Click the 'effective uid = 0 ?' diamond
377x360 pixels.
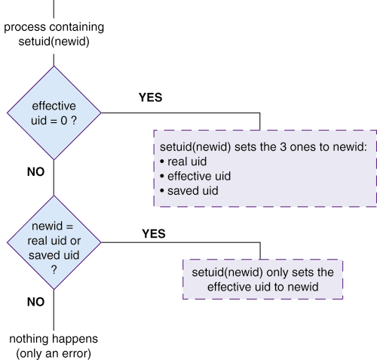click(54, 113)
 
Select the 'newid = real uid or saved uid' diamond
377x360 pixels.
click(54, 242)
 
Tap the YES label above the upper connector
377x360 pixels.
click(150, 97)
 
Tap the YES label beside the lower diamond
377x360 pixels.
click(154, 234)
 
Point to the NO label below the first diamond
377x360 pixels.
click(35, 172)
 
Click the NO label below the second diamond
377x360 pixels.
click(35, 302)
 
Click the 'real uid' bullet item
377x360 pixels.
click(183, 162)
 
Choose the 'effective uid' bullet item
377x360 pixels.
click(195, 176)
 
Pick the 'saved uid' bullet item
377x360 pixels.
click(189, 191)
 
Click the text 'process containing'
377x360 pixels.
click(54, 27)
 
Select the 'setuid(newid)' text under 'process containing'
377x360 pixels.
click(54, 42)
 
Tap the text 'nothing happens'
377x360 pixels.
click(54, 339)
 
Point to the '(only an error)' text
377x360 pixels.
click(54, 353)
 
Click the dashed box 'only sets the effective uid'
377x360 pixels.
click(262, 279)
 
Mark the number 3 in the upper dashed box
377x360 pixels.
click(283, 147)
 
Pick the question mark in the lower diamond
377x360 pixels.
click(54, 270)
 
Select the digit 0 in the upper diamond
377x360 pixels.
click(64, 121)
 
